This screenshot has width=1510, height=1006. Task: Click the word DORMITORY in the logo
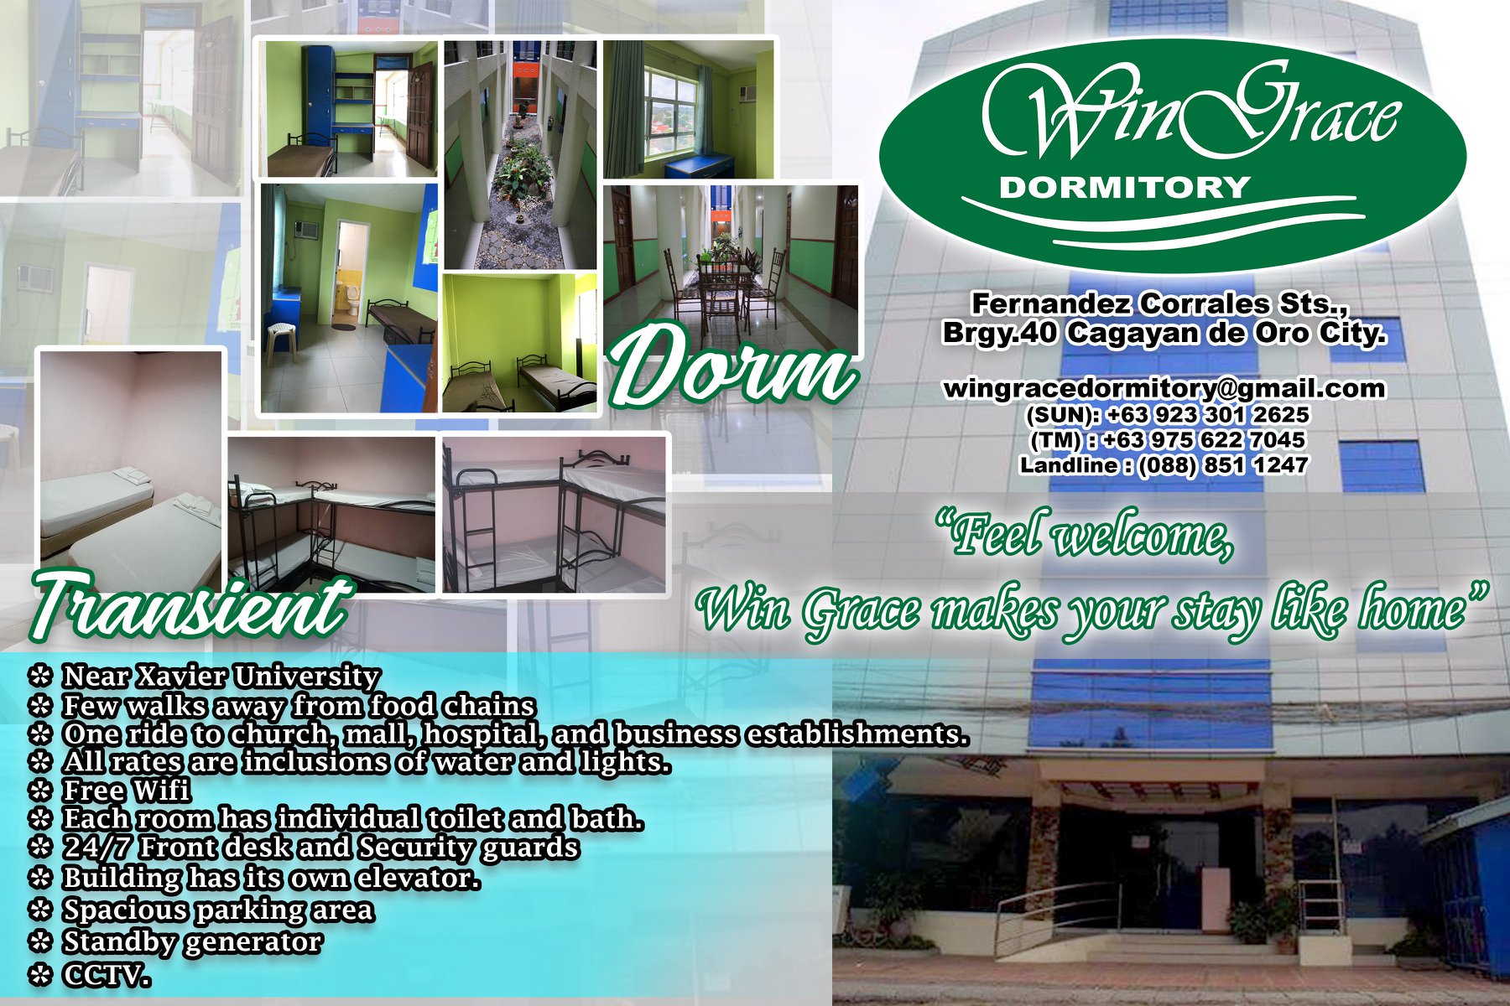point(1124,187)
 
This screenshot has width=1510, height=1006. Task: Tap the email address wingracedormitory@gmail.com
point(1164,388)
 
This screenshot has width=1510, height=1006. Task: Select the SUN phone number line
point(1167,414)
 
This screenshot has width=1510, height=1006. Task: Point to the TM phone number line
point(1167,439)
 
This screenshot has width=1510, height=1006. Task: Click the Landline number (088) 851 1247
point(1222,464)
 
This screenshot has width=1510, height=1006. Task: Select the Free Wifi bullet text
point(127,791)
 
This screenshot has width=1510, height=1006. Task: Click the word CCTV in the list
point(107,975)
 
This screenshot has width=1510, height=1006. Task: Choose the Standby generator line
point(192,942)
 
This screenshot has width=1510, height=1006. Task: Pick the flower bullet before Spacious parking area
point(40,910)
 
